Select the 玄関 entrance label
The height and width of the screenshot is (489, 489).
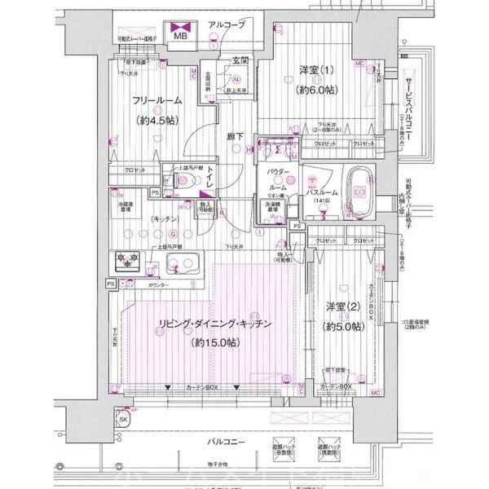tap(240, 60)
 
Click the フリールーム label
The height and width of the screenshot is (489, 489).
tap(157, 101)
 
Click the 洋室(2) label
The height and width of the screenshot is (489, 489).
tap(344, 306)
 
